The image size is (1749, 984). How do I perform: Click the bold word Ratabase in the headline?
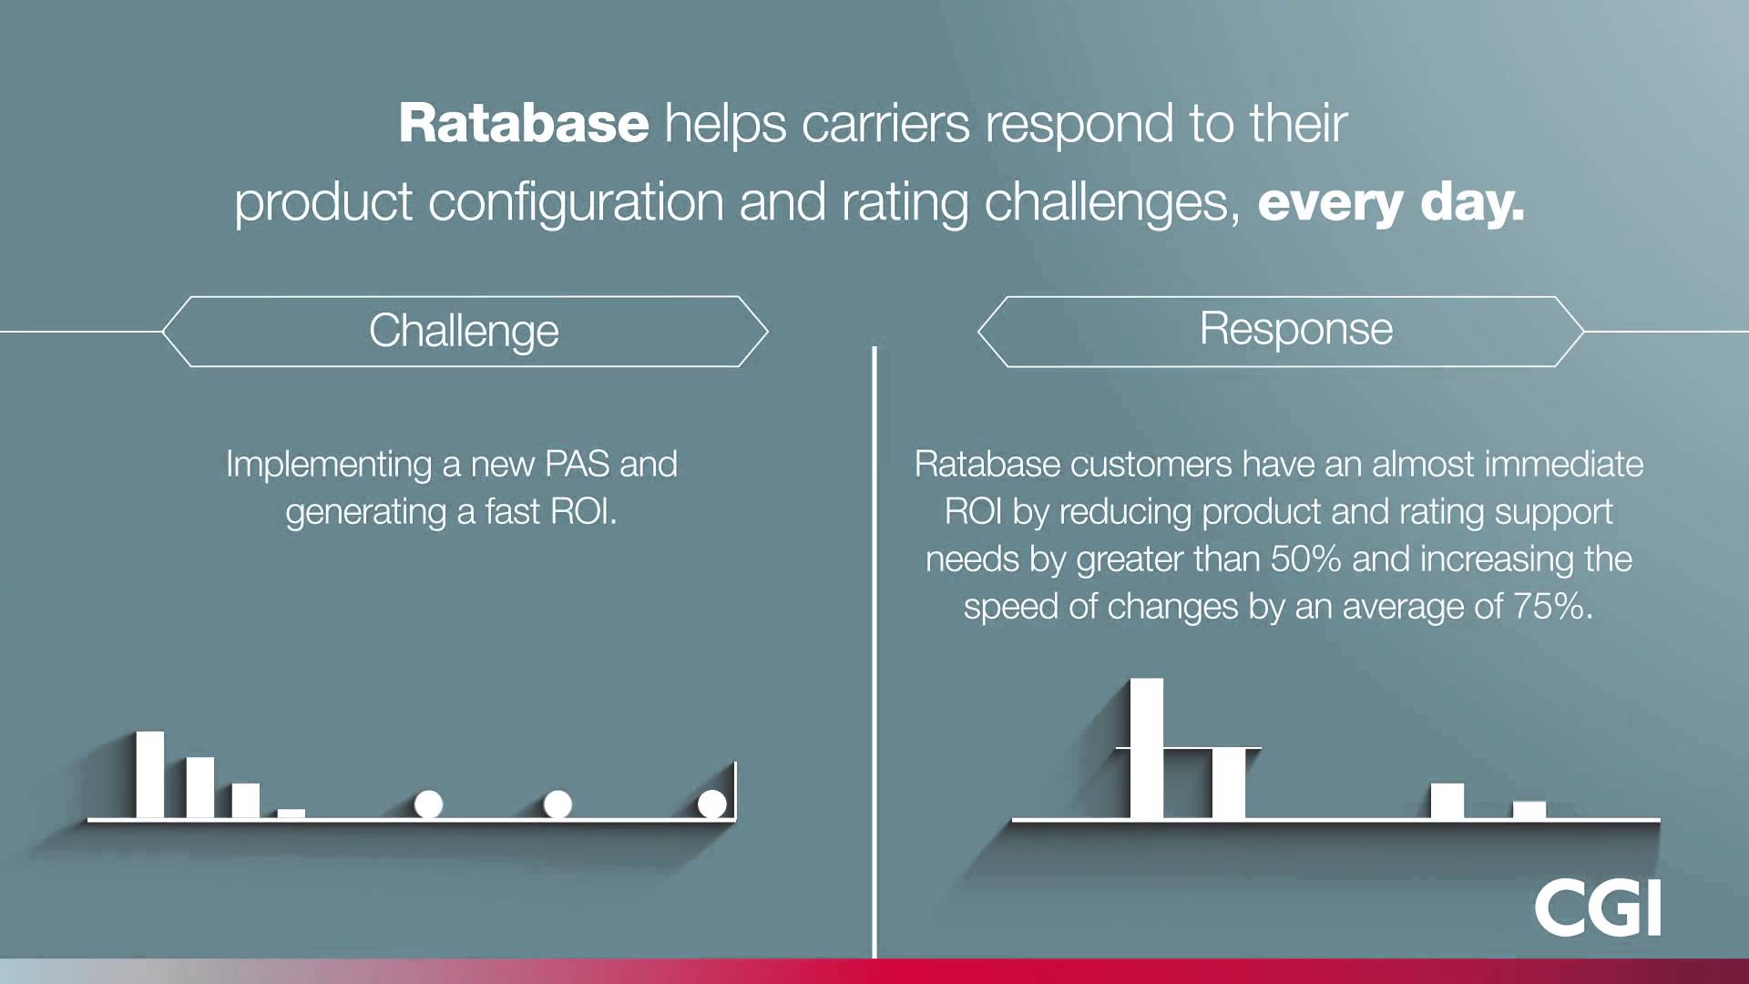point(524,123)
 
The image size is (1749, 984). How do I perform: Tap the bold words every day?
point(1390,202)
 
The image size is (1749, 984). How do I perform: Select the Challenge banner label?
point(464,331)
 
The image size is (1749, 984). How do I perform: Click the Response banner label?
point(1295,329)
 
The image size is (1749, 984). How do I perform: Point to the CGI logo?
point(1597,907)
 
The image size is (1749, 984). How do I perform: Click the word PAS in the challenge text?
point(577,465)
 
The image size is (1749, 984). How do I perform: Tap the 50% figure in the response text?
point(1305,559)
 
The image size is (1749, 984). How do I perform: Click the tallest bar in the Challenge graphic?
point(150,774)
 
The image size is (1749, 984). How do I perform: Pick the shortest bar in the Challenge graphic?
point(291,813)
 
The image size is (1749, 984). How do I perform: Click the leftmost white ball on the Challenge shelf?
point(428,805)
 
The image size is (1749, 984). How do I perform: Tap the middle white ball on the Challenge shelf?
point(557,805)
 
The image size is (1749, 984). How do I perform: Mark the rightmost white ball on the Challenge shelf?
point(712,804)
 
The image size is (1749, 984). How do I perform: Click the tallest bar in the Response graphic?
point(1146,747)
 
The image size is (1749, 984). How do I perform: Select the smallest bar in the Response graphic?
point(1529,810)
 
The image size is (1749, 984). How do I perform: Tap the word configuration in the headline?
point(576,202)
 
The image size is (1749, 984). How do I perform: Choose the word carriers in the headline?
point(885,124)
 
